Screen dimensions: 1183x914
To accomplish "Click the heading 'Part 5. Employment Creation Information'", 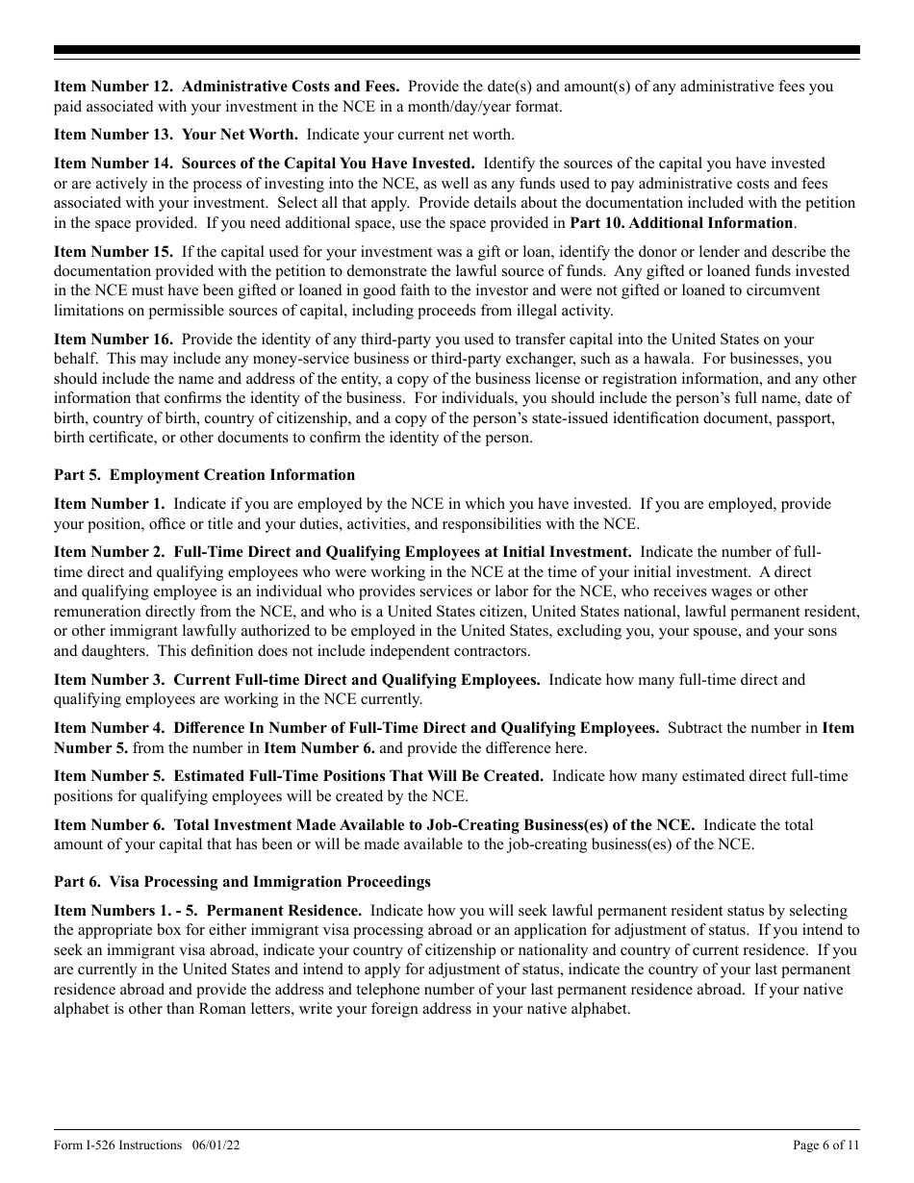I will click(204, 475).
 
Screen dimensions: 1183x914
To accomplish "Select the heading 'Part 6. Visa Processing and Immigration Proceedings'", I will click(241, 882).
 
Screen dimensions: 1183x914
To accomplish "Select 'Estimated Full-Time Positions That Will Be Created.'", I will click(359, 776).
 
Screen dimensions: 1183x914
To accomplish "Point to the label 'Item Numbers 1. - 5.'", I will click(126, 911).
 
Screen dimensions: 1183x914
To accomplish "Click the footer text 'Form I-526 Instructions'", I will click(117, 1145).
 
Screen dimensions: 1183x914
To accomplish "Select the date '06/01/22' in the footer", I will click(210, 1145).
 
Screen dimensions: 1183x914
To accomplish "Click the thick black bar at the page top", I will click(457, 50).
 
